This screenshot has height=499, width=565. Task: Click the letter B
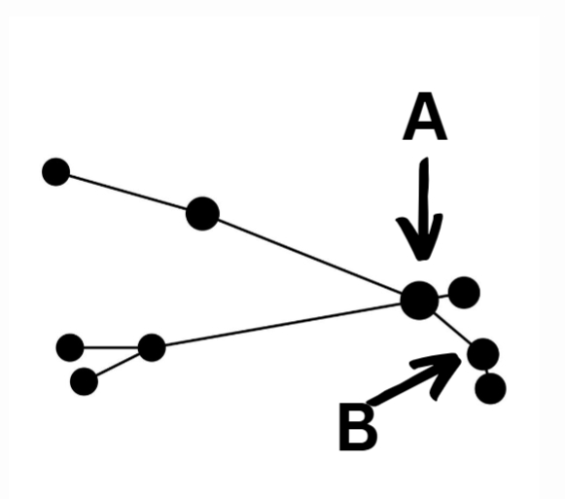click(356, 428)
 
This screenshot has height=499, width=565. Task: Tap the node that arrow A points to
click(419, 300)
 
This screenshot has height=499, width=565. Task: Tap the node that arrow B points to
click(482, 354)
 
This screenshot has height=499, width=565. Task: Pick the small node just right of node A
click(464, 291)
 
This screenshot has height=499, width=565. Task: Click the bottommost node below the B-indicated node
click(490, 389)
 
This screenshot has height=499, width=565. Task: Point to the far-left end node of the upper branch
click(55, 172)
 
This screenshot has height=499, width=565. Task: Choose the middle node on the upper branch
click(201, 213)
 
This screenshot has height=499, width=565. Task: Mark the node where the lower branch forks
click(151, 346)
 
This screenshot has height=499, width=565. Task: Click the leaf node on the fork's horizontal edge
click(70, 346)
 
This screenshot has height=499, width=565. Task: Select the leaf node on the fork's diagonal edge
click(85, 381)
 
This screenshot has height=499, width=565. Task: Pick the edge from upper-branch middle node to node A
click(311, 256)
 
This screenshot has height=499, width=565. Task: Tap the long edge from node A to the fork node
click(282, 323)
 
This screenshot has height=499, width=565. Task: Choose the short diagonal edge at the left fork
click(117, 365)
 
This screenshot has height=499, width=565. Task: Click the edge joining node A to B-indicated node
click(452, 328)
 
